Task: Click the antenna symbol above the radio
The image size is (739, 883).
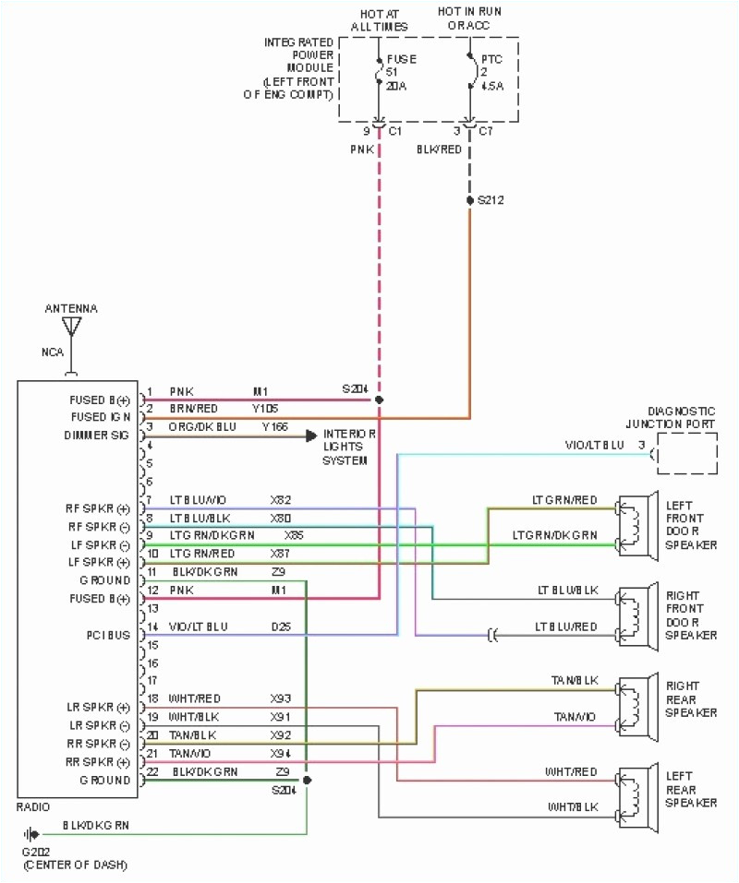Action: tap(72, 328)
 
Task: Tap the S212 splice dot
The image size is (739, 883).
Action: tap(469, 199)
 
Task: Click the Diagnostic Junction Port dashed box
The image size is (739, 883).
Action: tap(686, 453)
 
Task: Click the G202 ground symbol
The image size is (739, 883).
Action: tap(37, 835)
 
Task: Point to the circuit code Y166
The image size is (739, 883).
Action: tap(275, 426)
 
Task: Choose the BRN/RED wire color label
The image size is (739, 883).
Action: tap(194, 408)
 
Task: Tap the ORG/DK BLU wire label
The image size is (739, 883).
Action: tap(201, 426)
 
